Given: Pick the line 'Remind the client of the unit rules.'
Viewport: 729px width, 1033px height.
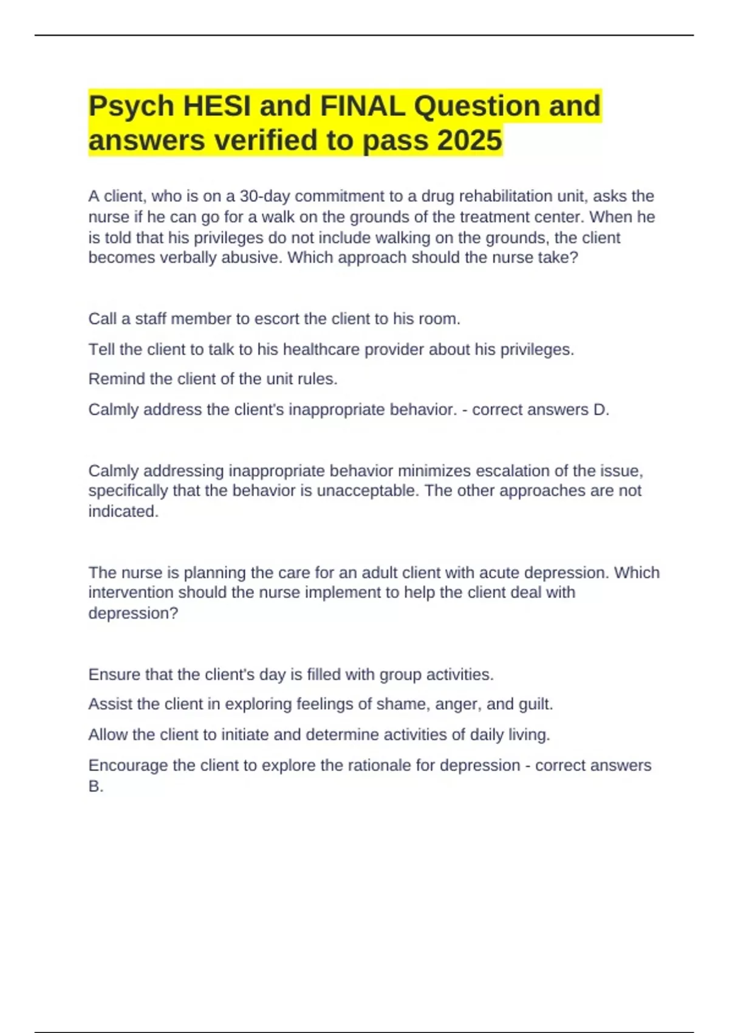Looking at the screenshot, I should pos(213,379).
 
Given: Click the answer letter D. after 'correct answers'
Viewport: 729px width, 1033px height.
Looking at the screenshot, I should pos(601,410).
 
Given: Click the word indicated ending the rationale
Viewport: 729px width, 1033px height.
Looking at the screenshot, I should pos(123,512).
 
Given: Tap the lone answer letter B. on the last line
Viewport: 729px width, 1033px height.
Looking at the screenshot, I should pos(95,786).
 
